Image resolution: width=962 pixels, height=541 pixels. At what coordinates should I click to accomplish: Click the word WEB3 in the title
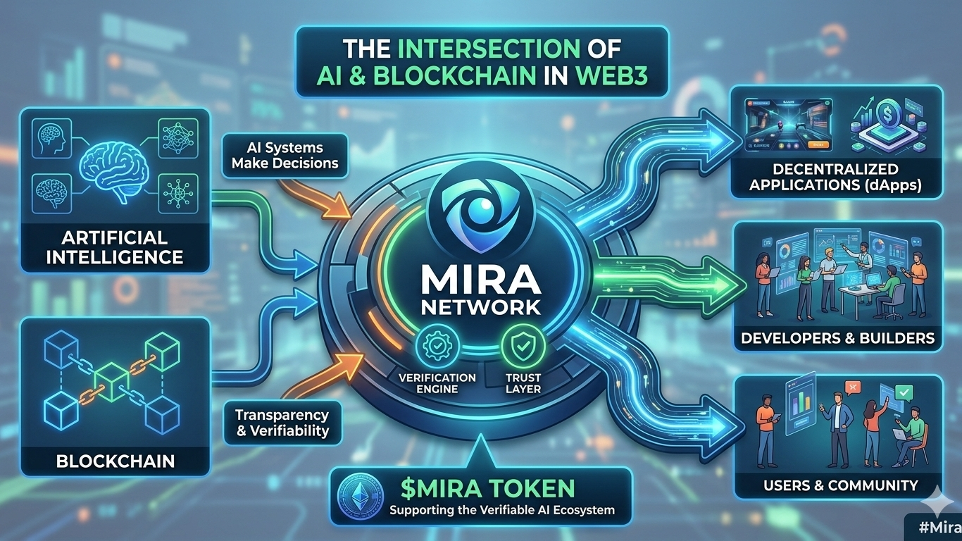coord(611,76)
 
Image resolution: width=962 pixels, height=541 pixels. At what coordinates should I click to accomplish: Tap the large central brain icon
coord(115,163)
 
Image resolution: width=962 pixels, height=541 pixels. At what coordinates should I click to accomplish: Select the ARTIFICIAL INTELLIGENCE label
coord(115,247)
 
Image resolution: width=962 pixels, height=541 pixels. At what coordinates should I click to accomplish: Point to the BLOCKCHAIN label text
coord(115,461)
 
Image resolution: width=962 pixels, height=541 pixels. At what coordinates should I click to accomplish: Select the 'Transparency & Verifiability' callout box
coord(282,423)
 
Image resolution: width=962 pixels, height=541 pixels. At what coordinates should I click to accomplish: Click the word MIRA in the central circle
coord(482,280)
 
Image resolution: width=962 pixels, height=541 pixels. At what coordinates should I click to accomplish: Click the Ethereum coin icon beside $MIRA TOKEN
coord(359,493)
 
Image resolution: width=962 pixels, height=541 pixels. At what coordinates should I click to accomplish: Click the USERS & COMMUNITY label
coord(840,485)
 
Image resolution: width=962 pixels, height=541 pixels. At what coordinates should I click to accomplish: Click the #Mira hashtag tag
coord(934,527)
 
